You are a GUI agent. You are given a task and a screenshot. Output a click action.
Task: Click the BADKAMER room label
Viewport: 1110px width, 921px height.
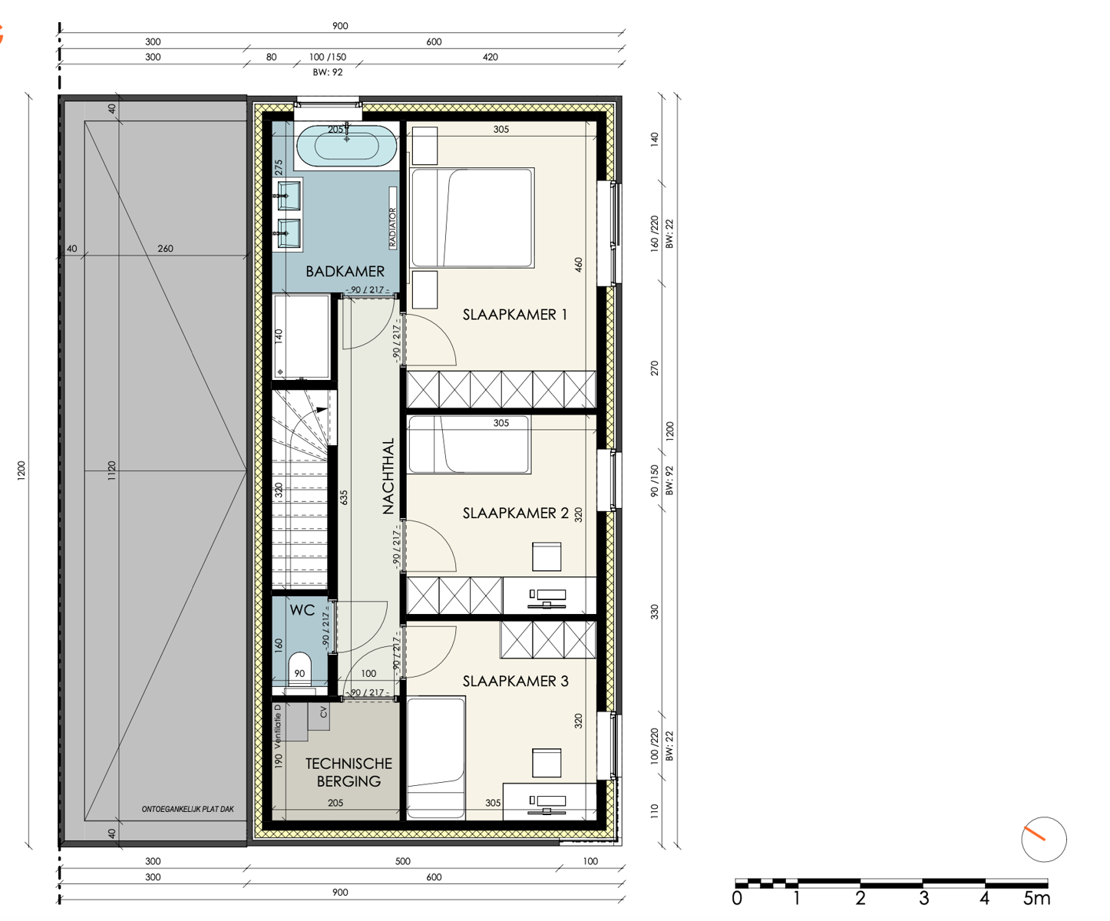coord(345,272)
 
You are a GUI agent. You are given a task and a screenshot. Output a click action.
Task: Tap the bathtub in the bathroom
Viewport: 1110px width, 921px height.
coord(347,144)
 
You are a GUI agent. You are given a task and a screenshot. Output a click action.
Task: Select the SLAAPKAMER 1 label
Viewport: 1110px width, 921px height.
coord(514,315)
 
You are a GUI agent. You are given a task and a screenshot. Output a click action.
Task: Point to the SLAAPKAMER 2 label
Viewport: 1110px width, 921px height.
coord(515,513)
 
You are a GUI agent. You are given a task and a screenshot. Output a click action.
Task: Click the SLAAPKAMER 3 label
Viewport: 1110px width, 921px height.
coord(515,681)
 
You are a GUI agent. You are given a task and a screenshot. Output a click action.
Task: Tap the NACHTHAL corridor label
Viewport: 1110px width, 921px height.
coord(388,476)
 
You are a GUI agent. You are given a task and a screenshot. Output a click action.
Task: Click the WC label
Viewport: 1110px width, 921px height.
coord(302,610)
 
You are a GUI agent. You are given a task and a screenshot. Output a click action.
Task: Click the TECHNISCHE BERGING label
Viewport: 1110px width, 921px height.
coord(349,772)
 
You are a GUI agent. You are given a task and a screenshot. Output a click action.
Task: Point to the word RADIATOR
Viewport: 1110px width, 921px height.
coord(392,228)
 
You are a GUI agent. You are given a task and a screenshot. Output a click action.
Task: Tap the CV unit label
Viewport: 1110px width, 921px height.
coord(323,712)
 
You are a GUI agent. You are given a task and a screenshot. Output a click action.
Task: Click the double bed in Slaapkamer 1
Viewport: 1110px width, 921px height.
coord(472,218)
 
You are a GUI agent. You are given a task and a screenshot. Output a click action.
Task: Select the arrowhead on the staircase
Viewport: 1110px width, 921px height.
coord(322,410)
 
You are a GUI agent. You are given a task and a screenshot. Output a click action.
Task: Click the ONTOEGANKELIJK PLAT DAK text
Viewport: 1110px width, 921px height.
coord(187,809)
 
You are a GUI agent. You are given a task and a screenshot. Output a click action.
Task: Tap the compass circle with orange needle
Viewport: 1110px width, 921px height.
coord(1044,839)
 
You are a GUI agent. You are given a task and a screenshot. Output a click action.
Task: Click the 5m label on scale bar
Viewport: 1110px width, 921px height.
coord(1036,898)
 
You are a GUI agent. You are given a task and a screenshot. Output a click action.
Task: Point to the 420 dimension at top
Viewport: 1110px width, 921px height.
coord(491,57)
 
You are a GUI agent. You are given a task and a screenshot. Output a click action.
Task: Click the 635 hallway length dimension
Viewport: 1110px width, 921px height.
coord(344,497)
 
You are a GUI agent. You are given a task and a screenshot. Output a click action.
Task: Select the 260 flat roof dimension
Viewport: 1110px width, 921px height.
coord(165,248)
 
